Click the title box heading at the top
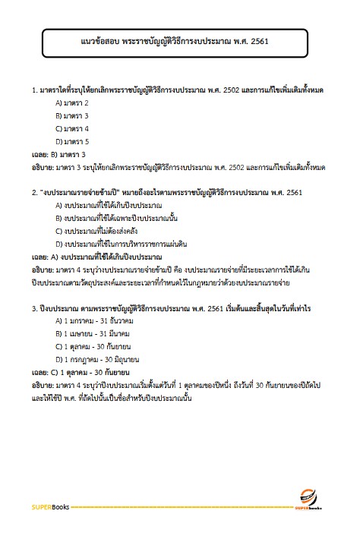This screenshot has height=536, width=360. (x=179, y=43)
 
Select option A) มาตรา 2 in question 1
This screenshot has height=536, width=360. (x=73, y=102)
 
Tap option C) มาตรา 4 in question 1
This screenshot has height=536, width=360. (x=73, y=128)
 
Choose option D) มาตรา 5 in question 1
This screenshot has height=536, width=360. (x=73, y=141)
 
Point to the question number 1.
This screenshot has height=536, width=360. (x=35, y=90)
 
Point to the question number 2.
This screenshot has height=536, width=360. (x=35, y=192)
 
